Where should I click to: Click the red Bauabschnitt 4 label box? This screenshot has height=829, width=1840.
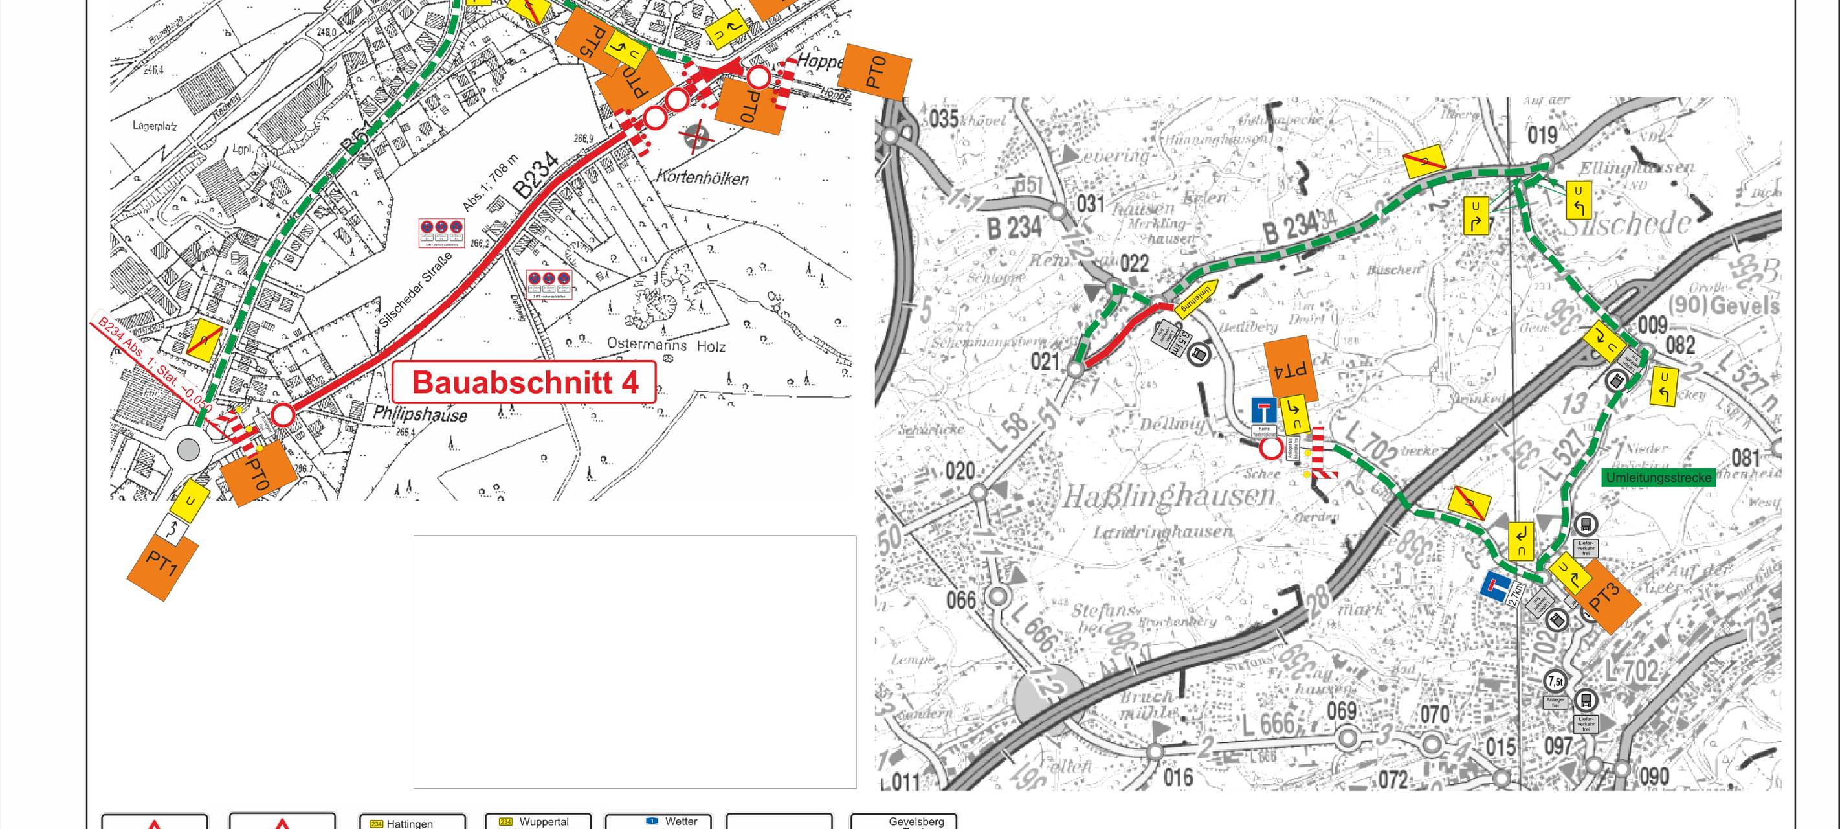tap(525, 382)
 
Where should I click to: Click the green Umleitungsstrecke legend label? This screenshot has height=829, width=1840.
tap(1659, 477)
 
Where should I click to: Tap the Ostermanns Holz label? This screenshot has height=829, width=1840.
tap(666, 345)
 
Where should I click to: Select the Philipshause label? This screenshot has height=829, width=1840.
tap(420, 414)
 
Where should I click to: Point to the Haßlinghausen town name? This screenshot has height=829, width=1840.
tap(1169, 495)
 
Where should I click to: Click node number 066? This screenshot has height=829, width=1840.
tap(960, 600)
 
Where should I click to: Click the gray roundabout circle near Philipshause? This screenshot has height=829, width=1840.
tap(188, 449)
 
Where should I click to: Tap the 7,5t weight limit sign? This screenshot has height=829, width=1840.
tap(1555, 681)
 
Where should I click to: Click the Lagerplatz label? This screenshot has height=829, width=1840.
tap(154, 126)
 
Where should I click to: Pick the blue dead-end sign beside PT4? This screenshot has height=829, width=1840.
tap(1263, 411)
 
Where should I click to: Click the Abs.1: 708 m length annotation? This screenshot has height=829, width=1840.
tap(491, 182)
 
